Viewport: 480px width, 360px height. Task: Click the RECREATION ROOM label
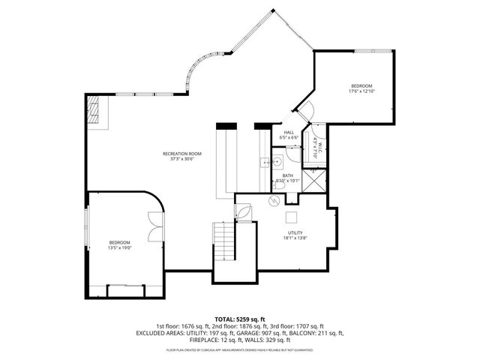tap(185, 154)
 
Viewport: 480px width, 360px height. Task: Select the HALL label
tap(289, 133)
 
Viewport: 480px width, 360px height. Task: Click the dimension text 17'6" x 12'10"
tap(361, 91)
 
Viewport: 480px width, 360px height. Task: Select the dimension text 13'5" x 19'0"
tap(120, 247)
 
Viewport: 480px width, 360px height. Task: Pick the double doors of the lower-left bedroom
tap(156, 227)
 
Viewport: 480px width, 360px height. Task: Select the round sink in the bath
tap(277, 159)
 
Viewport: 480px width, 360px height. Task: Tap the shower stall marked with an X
tap(319, 181)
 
